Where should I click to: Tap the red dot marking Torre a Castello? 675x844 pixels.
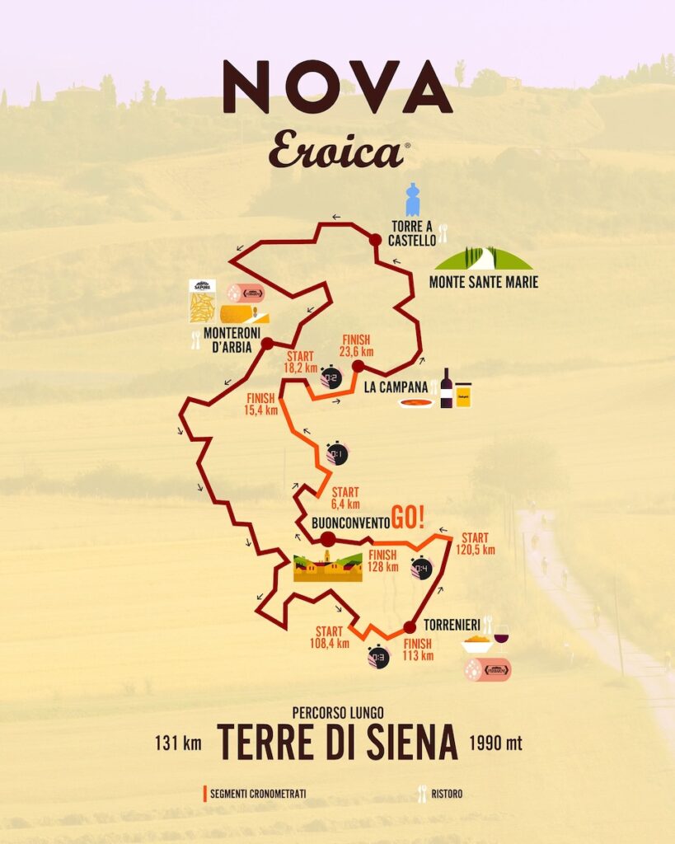click(375, 239)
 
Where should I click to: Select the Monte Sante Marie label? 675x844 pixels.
click(483, 283)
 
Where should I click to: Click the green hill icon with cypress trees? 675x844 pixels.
click(483, 259)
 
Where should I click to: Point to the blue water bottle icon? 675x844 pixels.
click(413, 200)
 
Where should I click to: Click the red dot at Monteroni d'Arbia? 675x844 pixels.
click(267, 344)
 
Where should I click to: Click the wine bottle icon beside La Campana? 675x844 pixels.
click(446, 388)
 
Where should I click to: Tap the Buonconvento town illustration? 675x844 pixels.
click(328, 567)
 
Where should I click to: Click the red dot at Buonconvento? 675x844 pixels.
click(327, 539)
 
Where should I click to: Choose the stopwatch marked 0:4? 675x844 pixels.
click(421, 568)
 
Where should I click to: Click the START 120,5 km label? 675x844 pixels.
click(478, 544)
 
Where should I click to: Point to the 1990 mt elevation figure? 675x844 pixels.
click(495, 743)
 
